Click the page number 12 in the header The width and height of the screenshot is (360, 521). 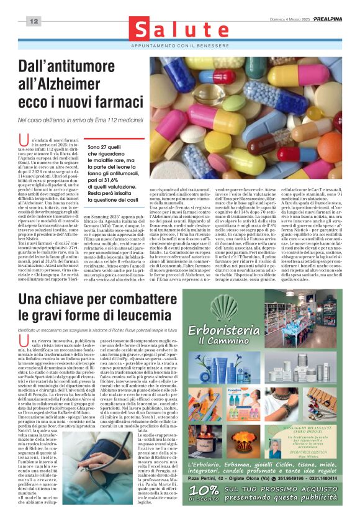(x=33, y=22)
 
